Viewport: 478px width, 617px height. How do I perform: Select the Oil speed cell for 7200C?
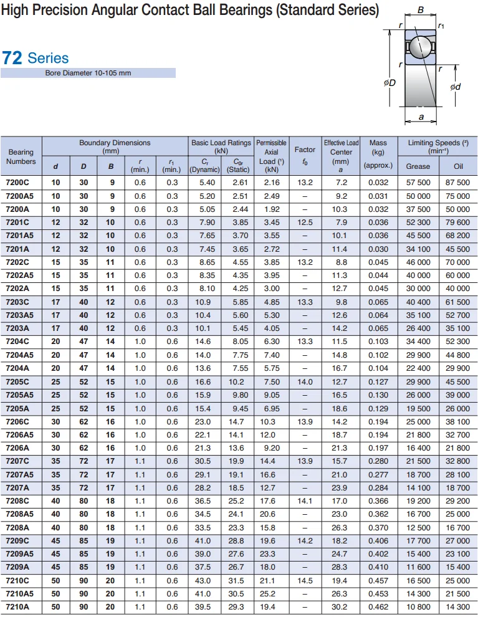tap(457, 183)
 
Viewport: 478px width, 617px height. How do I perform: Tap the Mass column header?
tap(378, 154)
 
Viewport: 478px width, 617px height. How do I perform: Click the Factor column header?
tap(305, 154)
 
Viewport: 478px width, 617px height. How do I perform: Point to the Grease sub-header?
tap(418, 166)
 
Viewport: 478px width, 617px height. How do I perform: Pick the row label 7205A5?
tap(19, 395)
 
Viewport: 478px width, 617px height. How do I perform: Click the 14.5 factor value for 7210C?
tap(305, 581)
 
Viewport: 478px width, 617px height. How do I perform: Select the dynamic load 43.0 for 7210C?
tap(204, 581)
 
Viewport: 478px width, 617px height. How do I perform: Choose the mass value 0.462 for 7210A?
tap(378, 607)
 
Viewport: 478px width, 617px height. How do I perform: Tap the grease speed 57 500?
tap(418, 183)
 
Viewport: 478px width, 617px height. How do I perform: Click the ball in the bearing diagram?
tap(418, 46)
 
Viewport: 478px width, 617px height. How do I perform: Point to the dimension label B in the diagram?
tap(421, 10)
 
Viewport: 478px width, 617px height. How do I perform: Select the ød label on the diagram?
tap(456, 87)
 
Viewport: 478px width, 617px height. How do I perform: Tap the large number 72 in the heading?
tap(12, 59)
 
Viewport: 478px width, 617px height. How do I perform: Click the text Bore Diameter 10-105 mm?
tap(88, 73)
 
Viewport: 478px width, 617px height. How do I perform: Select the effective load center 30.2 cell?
tap(340, 607)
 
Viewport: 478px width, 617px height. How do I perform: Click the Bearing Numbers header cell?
tap(21, 156)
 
